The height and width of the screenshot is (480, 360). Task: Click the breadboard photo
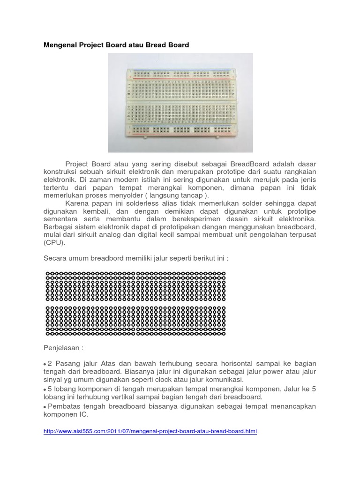coord(180,102)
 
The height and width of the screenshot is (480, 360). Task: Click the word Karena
coord(77,203)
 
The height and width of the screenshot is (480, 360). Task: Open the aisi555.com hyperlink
coord(150,431)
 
